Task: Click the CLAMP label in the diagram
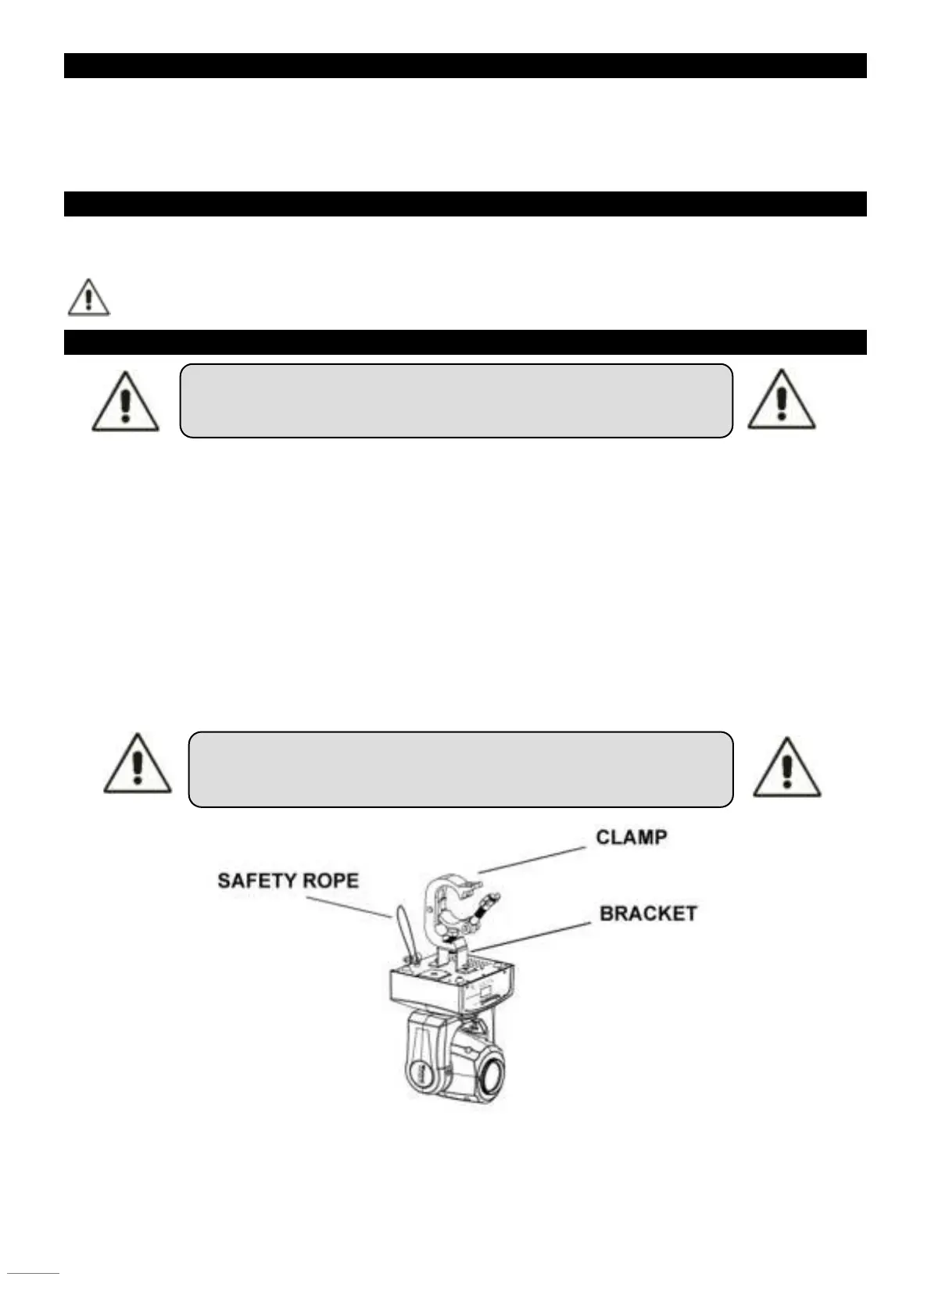point(631,838)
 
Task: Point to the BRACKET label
point(647,913)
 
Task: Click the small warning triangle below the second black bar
point(88,297)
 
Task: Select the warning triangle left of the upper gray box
point(125,402)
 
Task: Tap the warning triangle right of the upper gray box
point(781,400)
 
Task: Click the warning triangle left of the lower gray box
point(138,765)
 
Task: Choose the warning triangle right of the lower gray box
point(786,768)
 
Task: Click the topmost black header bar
point(465,66)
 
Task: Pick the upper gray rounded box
point(456,400)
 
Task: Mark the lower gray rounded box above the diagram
point(460,769)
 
